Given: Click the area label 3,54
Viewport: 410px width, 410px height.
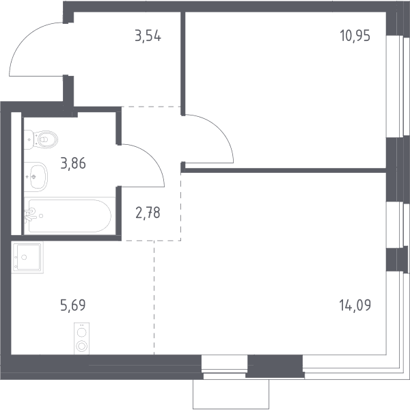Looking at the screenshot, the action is [x=148, y=36].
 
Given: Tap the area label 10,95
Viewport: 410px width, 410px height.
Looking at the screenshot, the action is [x=355, y=36].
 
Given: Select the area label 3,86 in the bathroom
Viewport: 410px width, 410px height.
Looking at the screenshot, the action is [x=73, y=163].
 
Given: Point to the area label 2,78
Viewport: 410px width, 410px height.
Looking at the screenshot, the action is [x=148, y=213].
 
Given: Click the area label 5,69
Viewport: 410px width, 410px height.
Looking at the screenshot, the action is [x=72, y=305].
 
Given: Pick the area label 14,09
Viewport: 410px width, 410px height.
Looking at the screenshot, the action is [x=355, y=305].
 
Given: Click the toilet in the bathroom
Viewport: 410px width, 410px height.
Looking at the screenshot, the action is [x=41, y=139].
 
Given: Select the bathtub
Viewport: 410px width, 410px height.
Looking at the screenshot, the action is [x=70, y=216].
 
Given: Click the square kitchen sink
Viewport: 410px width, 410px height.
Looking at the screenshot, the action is [x=27, y=258].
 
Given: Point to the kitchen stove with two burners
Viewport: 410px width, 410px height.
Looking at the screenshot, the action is [x=81, y=339].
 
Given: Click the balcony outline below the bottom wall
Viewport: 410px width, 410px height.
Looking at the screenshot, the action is [x=231, y=394].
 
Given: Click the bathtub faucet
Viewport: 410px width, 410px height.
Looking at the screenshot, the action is [x=29, y=215].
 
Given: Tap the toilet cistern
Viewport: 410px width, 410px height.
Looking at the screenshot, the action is [x=29, y=139].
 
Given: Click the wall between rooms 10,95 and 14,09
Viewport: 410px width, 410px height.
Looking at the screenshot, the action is [x=284, y=170].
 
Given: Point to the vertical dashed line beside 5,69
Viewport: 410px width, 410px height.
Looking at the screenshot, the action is [x=154, y=297].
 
